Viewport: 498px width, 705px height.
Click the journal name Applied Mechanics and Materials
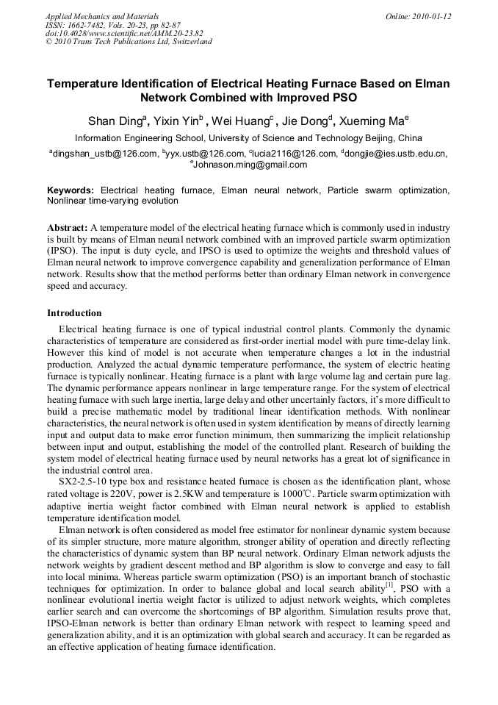[x=102, y=16]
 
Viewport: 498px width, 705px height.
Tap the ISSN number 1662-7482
[x=90, y=24]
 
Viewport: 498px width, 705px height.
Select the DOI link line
[x=124, y=33]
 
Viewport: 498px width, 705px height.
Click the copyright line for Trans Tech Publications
[x=129, y=42]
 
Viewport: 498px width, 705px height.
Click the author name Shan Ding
[x=115, y=121]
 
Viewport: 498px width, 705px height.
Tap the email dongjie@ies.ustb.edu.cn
[x=396, y=154]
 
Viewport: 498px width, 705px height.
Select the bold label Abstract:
[x=68, y=229]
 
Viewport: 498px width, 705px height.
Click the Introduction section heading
[x=74, y=313]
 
